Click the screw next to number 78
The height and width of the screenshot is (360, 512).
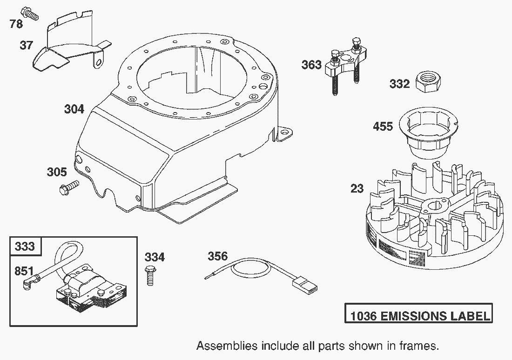tap(29, 13)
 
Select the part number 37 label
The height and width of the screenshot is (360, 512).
tap(27, 46)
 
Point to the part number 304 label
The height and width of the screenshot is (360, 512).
tap(74, 109)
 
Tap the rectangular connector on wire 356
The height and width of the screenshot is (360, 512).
tap(305, 284)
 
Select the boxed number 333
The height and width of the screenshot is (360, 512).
tap(25, 246)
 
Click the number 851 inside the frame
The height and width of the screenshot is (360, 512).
tap(24, 271)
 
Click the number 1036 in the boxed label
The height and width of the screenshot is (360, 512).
tap(364, 316)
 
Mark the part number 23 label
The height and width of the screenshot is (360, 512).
tap(357, 189)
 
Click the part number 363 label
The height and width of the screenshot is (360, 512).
tap(311, 65)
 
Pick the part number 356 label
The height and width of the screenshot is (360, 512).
tap(217, 256)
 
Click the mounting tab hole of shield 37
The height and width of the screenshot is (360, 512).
tap(98, 61)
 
